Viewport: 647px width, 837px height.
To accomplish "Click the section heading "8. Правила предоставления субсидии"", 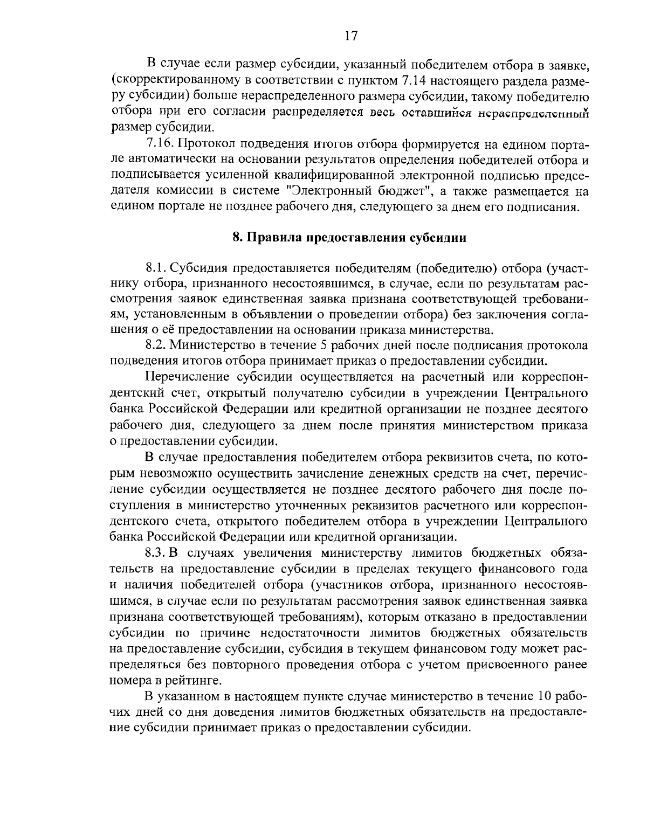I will point(349,238).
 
